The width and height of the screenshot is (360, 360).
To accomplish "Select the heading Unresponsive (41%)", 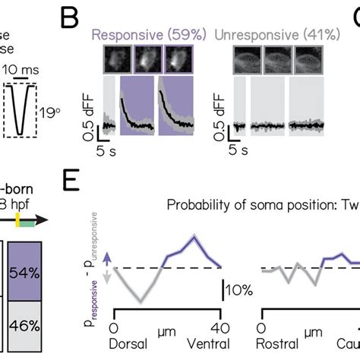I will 266,34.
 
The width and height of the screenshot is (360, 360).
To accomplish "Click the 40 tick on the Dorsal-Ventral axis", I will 219,327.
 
